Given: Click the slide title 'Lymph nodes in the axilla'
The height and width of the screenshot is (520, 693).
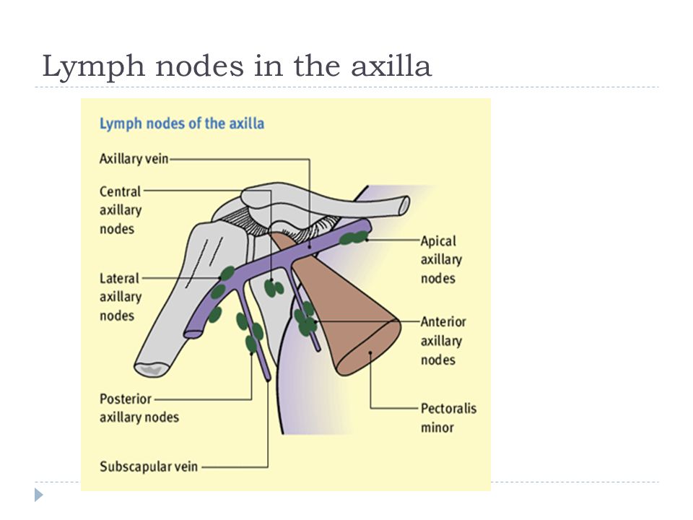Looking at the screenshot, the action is pos(237,66).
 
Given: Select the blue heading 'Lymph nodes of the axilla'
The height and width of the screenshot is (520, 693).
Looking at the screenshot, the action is pos(182,123).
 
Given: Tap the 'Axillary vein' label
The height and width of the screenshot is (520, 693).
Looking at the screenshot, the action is pos(134,158).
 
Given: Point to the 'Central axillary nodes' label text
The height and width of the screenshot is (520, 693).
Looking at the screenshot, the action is pos(121,210).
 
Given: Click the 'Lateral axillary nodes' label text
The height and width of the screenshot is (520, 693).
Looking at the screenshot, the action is pos(121,297).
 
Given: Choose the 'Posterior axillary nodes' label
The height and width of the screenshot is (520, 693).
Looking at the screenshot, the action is pos(139,407).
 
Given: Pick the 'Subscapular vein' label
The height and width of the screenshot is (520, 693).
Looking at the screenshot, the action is pos(149,467).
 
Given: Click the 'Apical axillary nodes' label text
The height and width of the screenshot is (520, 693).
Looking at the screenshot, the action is pos(441,259).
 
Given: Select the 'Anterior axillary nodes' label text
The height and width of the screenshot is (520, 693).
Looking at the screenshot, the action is pos(443,340).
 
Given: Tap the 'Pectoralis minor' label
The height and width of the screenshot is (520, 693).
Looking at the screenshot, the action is pos(448,417).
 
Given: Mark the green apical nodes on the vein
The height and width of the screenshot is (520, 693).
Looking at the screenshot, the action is pos(354,238).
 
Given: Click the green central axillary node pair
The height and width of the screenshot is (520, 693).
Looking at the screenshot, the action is pos(274,288).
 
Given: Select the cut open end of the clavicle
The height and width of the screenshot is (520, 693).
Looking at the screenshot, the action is pos(404,206).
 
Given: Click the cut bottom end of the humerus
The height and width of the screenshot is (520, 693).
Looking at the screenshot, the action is pos(152,368).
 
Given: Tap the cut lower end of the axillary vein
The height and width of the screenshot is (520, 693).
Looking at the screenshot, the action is pos(193,332).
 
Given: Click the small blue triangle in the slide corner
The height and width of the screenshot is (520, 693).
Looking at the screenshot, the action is pos(39,495).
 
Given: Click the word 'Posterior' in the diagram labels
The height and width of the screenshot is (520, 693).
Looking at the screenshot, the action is pos(126,399).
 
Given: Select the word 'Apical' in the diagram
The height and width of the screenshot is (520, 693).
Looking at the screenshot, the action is pos(438,241).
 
